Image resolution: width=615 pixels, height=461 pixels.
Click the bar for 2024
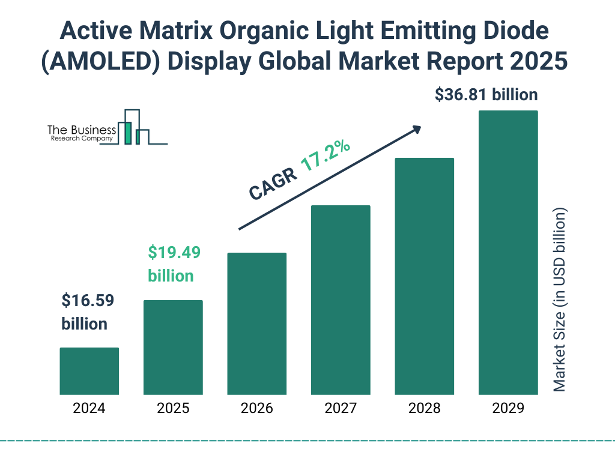coord(89,371)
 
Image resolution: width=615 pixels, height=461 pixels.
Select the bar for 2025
coord(173,347)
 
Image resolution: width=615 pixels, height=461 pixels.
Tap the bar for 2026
coord(256,324)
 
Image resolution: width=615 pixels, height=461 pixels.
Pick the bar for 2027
coord(341,300)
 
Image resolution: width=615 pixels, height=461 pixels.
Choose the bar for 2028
coord(424,276)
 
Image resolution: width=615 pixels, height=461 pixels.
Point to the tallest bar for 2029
coord(508,253)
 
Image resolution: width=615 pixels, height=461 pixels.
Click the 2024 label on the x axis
coord(89,409)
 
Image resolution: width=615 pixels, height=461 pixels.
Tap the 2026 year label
coord(256,409)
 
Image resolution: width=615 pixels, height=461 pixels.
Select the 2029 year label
coord(508,409)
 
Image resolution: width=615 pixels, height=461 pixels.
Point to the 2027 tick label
coord(341,409)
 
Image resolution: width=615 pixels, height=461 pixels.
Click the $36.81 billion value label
coord(486,94)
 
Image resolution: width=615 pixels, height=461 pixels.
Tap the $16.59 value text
coord(88,301)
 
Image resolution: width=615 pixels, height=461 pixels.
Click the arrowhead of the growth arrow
coord(416,128)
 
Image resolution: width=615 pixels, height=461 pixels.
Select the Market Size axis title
coord(560,300)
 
